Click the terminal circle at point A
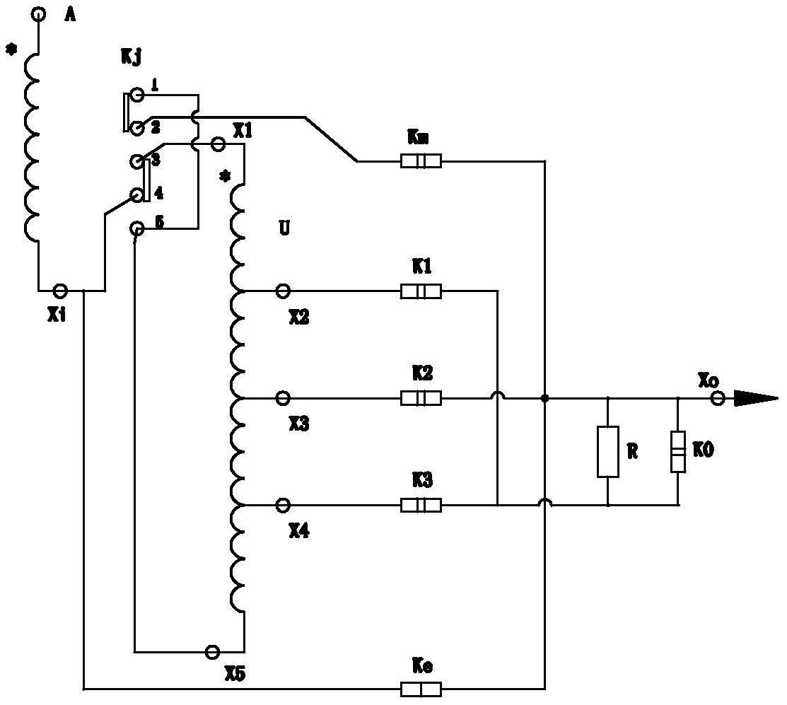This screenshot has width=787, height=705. pyautogui.click(x=39, y=14)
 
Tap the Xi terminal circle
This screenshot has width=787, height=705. pyautogui.click(x=60, y=290)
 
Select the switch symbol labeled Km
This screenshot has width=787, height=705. pyautogui.click(x=421, y=161)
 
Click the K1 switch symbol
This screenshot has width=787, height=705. pyautogui.click(x=421, y=291)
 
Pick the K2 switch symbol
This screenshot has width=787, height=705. pyautogui.click(x=421, y=398)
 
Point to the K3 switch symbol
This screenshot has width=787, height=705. pyautogui.click(x=421, y=505)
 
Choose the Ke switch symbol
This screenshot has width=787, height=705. pyautogui.click(x=421, y=689)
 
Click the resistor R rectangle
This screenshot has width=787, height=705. pyautogui.click(x=608, y=452)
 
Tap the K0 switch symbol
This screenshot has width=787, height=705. pyautogui.click(x=678, y=452)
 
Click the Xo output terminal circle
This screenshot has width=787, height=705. pyautogui.click(x=718, y=399)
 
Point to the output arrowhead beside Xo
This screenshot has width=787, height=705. pyautogui.click(x=756, y=398)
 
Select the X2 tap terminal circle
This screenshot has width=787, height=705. pyautogui.click(x=283, y=291)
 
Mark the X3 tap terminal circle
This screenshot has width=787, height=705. pyautogui.click(x=283, y=398)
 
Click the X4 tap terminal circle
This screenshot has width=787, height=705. pyautogui.click(x=283, y=505)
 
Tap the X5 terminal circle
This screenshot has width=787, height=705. pyautogui.click(x=213, y=652)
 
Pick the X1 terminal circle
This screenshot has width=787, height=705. pyautogui.click(x=218, y=144)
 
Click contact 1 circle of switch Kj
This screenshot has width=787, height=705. pyautogui.click(x=136, y=94)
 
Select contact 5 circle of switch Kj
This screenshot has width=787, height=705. pyautogui.click(x=136, y=229)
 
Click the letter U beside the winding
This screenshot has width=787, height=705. pyautogui.click(x=284, y=229)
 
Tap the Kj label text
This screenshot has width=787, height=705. pyautogui.click(x=131, y=57)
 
